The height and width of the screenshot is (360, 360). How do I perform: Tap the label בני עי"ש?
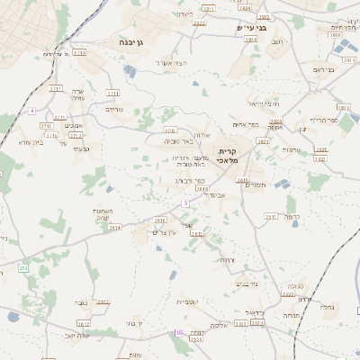click(x=252, y=27)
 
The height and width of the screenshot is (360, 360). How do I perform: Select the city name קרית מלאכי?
click(x=227, y=156)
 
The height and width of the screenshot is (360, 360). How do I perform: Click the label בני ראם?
click(x=324, y=69)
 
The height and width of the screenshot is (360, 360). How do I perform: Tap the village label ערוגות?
click(x=291, y=148)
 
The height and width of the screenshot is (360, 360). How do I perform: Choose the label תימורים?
click(x=256, y=184)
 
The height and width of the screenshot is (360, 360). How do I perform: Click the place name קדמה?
click(x=291, y=217)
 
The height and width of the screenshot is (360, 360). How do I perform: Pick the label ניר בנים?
click(x=247, y=283)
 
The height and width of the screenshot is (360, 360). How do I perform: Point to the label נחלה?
click(x=328, y=306)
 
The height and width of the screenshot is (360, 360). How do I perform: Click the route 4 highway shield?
click(x=31, y=110)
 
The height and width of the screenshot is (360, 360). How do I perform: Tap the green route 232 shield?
click(x=23, y=268)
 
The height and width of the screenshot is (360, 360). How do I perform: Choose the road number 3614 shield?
click(x=114, y=228)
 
